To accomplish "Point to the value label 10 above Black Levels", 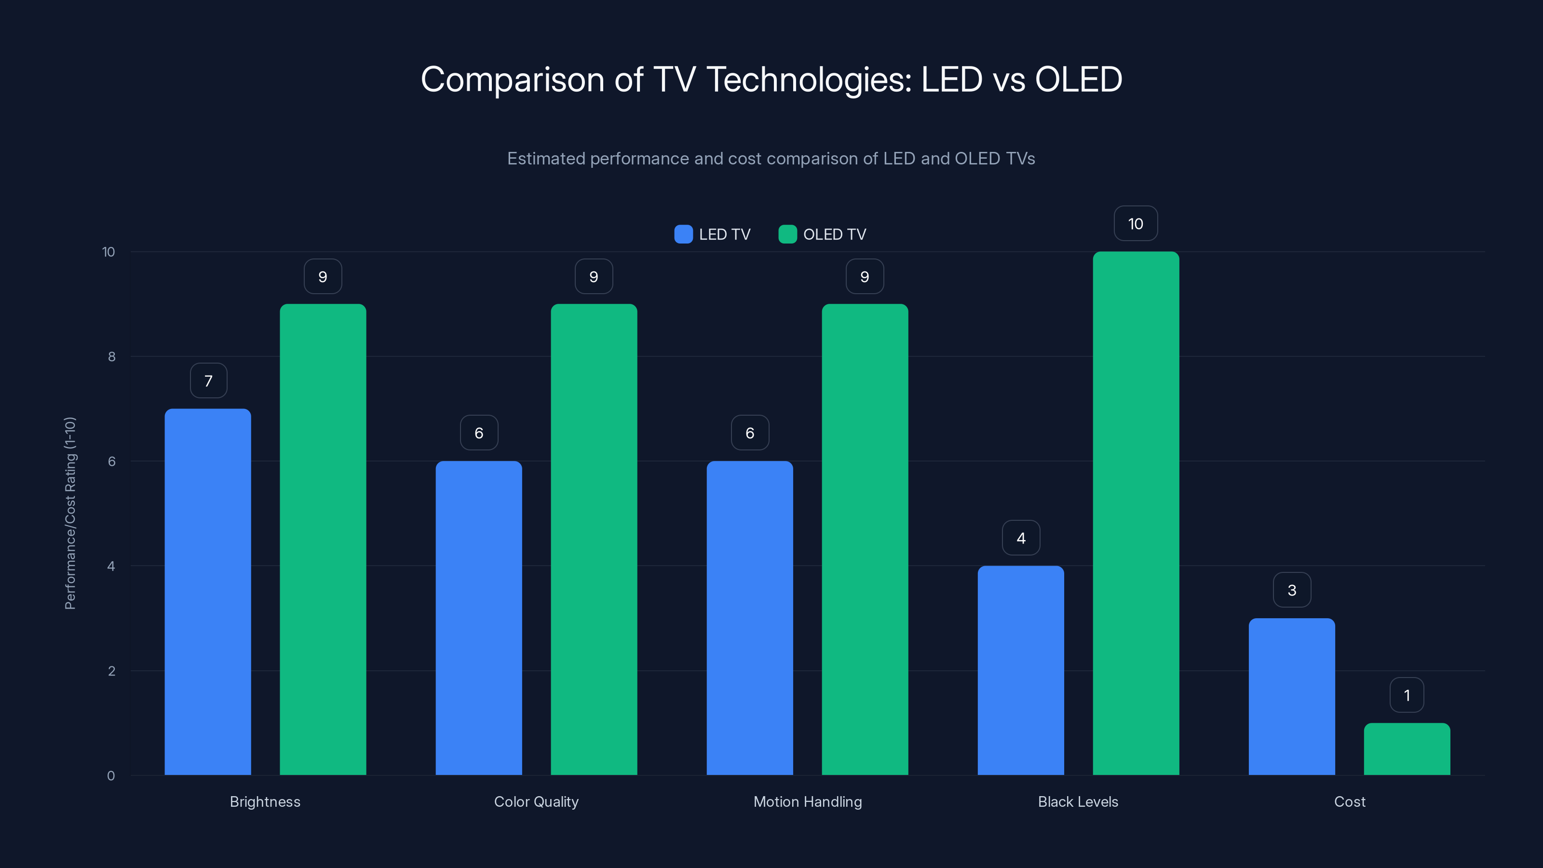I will point(1136,224).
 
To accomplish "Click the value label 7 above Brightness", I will point(208,381).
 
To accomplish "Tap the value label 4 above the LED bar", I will point(1021,538).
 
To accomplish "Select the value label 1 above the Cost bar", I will point(1407,695).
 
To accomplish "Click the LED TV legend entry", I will point(713,234).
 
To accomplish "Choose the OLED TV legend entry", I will point(823,234).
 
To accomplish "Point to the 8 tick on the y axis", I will point(111,357).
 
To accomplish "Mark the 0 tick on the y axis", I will point(111,776).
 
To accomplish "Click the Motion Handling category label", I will point(808,801).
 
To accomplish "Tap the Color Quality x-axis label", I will point(536,801).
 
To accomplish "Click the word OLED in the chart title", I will point(1078,80).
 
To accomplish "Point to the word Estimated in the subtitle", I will point(546,159).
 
